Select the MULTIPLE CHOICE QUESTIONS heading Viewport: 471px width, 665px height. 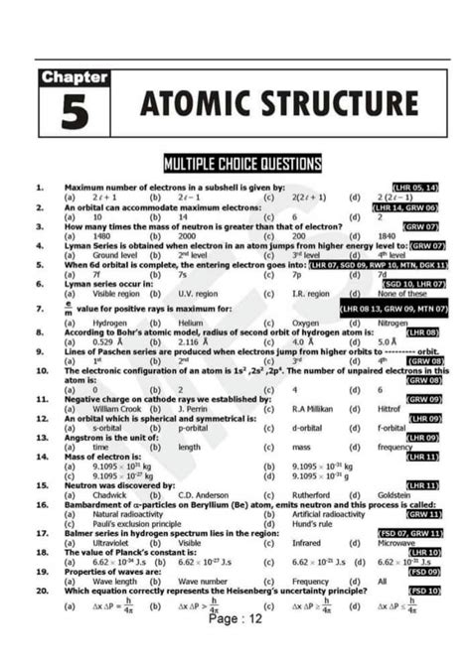(242, 162)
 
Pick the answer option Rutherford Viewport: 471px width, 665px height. (313, 494)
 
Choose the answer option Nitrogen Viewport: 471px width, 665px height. (393, 323)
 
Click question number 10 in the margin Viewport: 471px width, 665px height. (40, 370)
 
